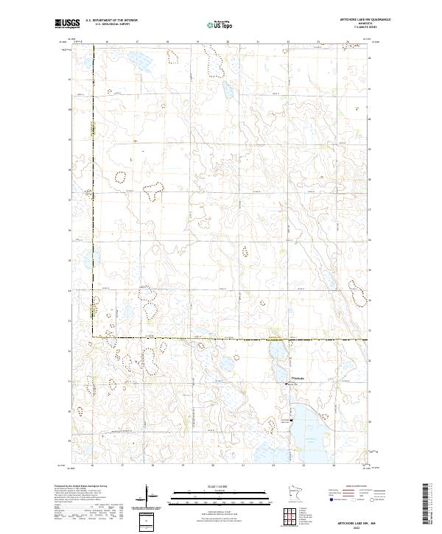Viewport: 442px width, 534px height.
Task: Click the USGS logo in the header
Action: click(67, 24)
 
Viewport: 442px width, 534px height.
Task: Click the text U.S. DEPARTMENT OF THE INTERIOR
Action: click(111, 21)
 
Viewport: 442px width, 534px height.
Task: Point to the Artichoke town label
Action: click(299, 379)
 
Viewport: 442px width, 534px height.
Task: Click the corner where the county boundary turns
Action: click(94, 337)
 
